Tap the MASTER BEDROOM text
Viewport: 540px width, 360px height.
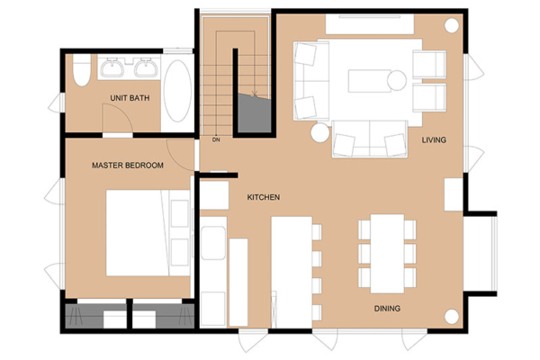pyautogui.click(x=128, y=166)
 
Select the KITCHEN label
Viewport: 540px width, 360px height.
pyautogui.click(x=264, y=197)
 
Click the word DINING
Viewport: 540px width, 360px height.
pyautogui.click(x=387, y=309)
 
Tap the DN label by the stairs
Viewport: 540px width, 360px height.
pyautogui.click(x=216, y=140)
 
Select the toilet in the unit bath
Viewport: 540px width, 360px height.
pyautogui.click(x=81, y=70)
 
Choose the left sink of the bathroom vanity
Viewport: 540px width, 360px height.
pyautogui.click(x=114, y=67)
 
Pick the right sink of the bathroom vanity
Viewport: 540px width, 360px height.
pyautogui.click(x=145, y=67)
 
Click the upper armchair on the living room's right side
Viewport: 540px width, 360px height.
pyautogui.click(x=428, y=65)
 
